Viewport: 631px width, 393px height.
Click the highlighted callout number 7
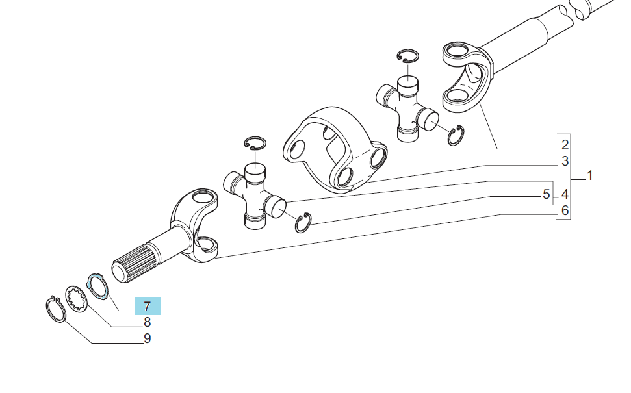[x=148, y=307]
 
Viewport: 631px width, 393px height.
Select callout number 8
[x=148, y=322]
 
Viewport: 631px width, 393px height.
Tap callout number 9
[x=148, y=338]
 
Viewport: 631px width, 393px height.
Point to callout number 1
[x=589, y=175]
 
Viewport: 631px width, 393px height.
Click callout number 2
[x=565, y=144]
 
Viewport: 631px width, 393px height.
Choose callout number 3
[x=565, y=161]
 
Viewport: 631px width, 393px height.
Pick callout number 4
[x=565, y=194]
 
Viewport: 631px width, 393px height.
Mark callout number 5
[x=546, y=194]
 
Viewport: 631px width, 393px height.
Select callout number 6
[x=565, y=210]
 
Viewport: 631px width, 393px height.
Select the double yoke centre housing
[x=335, y=149]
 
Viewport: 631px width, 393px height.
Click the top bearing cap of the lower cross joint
[x=255, y=173]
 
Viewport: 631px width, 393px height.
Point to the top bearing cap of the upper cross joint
[x=407, y=85]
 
